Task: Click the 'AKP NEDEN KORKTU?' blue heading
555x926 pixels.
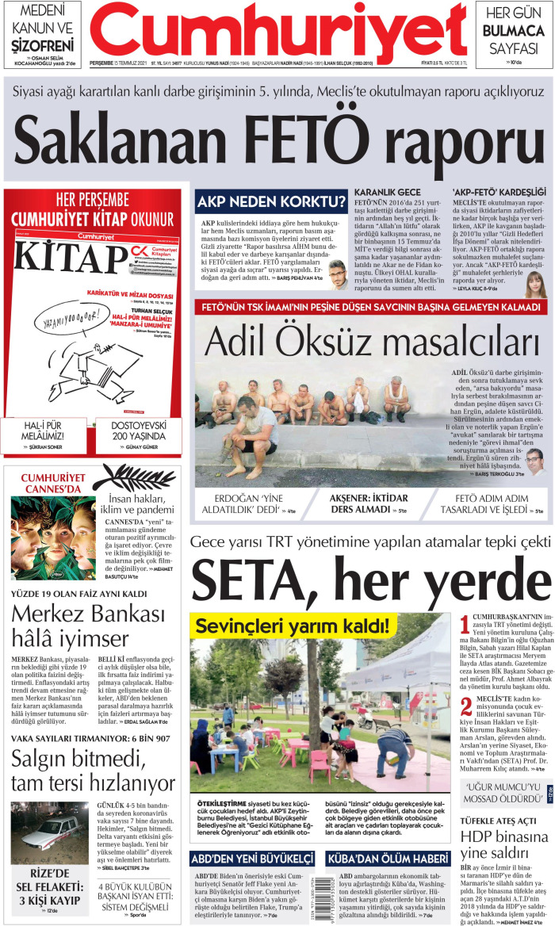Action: point(272,201)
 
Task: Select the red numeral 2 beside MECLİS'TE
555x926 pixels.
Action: point(464,705)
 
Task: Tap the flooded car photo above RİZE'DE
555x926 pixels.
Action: point(49,832)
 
